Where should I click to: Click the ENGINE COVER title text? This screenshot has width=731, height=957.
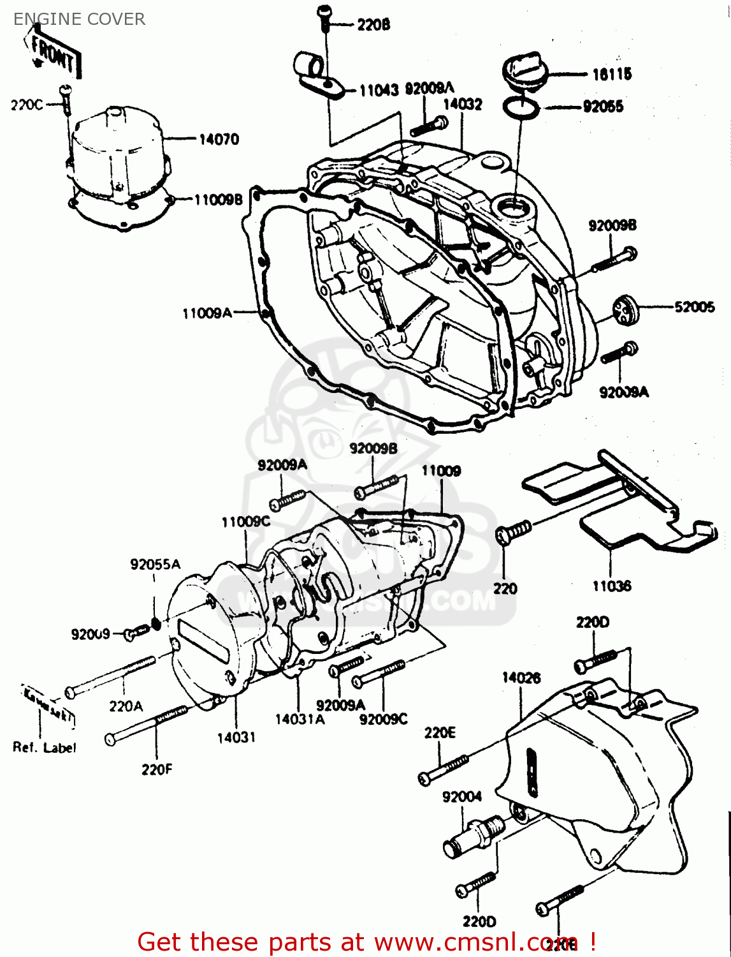click(x=79, y=19)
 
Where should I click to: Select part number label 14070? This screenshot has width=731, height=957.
click(x=219, y=139)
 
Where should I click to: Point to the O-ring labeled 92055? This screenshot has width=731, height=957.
click(x=521, y=108)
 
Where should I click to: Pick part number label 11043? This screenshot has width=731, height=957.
click(x=379, y=91)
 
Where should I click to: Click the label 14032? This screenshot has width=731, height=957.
click(x=463, y=104)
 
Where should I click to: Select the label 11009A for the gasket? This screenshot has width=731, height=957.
click(x=206, y=313)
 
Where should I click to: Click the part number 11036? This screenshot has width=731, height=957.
click(x=611, y=586)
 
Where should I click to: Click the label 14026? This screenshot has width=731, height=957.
click(x=521, y=678)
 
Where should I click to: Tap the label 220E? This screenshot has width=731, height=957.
click(x=440, y=733)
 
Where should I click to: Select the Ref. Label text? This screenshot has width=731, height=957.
click(x=44, y=748)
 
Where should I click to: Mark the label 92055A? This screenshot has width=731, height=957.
click(x=155, y=564)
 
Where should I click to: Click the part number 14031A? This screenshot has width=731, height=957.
click(x=300, y=719)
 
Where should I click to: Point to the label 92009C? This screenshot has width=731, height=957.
click(x=383, y=719)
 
